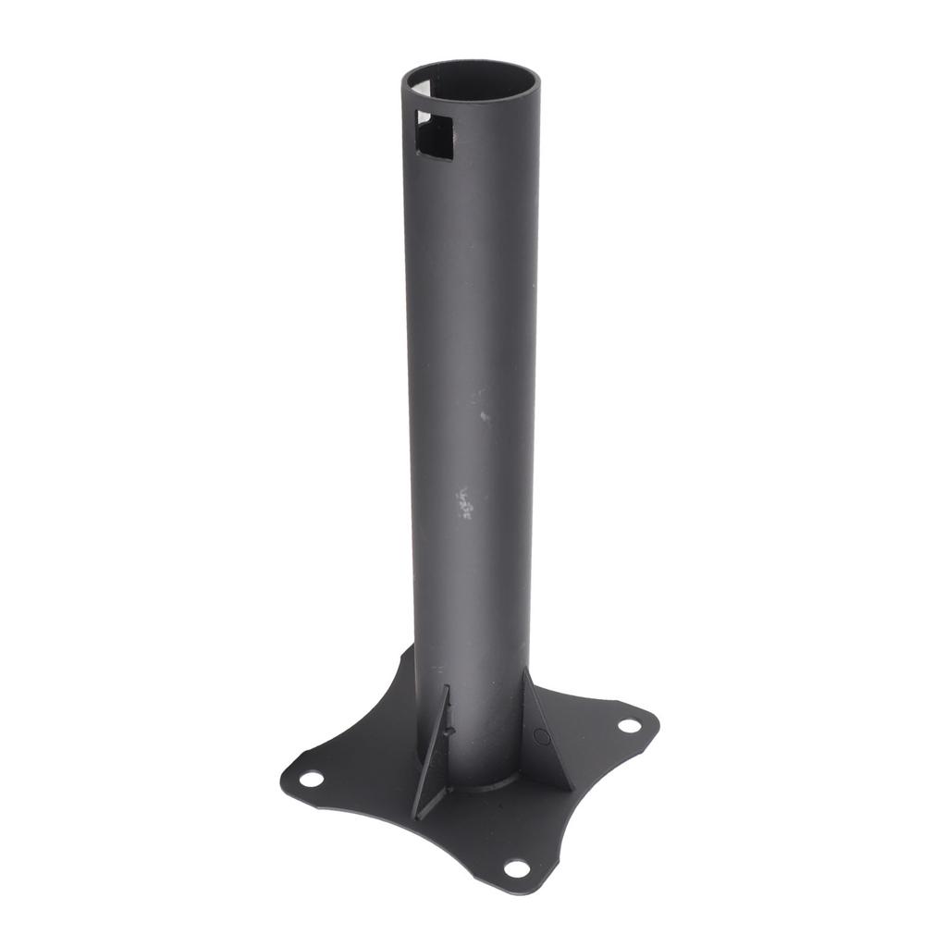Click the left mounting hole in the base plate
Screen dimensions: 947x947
312,779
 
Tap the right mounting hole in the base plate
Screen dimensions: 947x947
629,726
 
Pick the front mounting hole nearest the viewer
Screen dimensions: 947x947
516,867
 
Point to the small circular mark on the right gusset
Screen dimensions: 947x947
542,737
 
